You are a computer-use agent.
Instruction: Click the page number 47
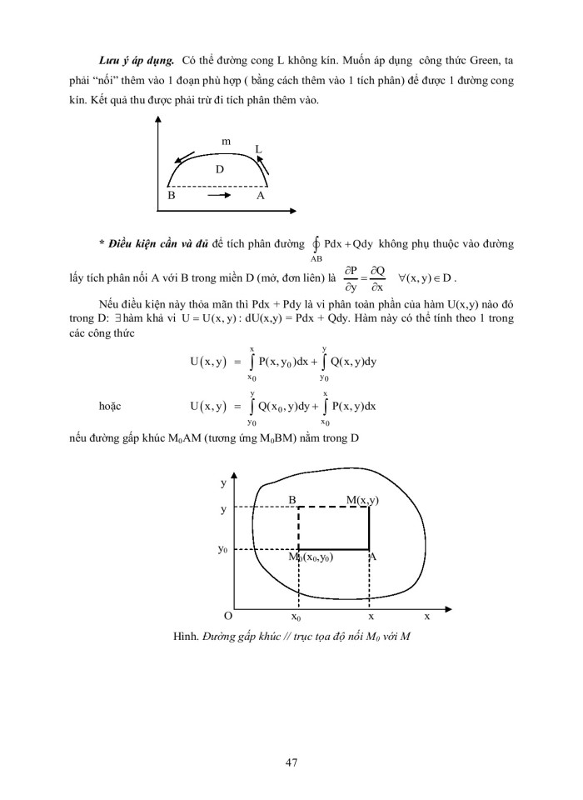[291, 761]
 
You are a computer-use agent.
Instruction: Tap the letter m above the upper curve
[226, 142]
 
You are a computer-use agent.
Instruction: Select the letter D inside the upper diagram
[220, 169]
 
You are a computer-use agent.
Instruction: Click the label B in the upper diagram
[171, 196]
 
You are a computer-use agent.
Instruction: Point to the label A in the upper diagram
[260, 196]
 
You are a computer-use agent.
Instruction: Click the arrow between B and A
[218, 196]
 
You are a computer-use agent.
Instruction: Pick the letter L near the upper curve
[258, 149]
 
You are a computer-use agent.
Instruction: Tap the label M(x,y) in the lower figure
[362, 500]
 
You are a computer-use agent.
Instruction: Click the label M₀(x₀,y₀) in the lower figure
[311, 557]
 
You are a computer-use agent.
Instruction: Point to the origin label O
[227, 616]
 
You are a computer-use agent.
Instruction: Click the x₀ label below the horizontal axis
[296, 617]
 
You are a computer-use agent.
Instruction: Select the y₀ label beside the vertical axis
[222, 550]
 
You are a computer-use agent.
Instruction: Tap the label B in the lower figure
[292, 500]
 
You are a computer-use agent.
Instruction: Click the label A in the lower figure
[372, 557]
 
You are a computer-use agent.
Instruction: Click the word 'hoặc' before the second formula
[111, 406]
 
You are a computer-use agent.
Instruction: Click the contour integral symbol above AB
[316, 243]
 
